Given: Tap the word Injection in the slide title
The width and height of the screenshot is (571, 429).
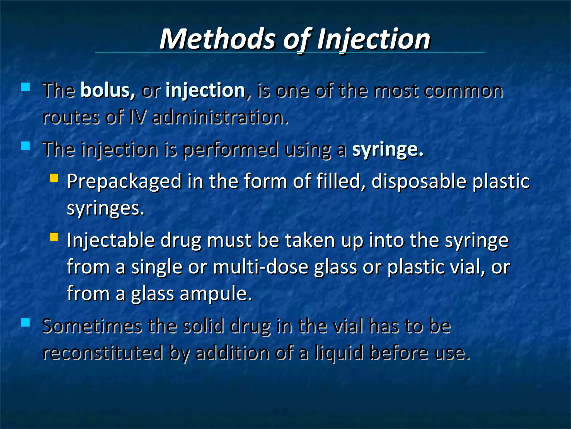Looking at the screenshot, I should click(x=374, y=39).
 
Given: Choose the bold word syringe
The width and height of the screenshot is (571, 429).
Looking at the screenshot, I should click(x=388, y=150).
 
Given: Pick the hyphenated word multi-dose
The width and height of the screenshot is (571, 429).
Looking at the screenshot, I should click(x=261, y=267).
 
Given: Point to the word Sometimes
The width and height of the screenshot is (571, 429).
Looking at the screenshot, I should click(x=92, y=326).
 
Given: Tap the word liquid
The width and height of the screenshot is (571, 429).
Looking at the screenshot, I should click(x=339, y=352).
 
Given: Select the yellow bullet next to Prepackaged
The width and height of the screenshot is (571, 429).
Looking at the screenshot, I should click(x=54, y=178).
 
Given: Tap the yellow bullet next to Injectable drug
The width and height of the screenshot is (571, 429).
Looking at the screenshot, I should click(x=54, y=237).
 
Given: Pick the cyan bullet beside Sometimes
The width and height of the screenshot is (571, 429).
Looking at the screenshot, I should click(x=25, y=323).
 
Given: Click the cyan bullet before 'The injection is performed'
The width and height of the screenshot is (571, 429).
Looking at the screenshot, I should click(x=25, y=146).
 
